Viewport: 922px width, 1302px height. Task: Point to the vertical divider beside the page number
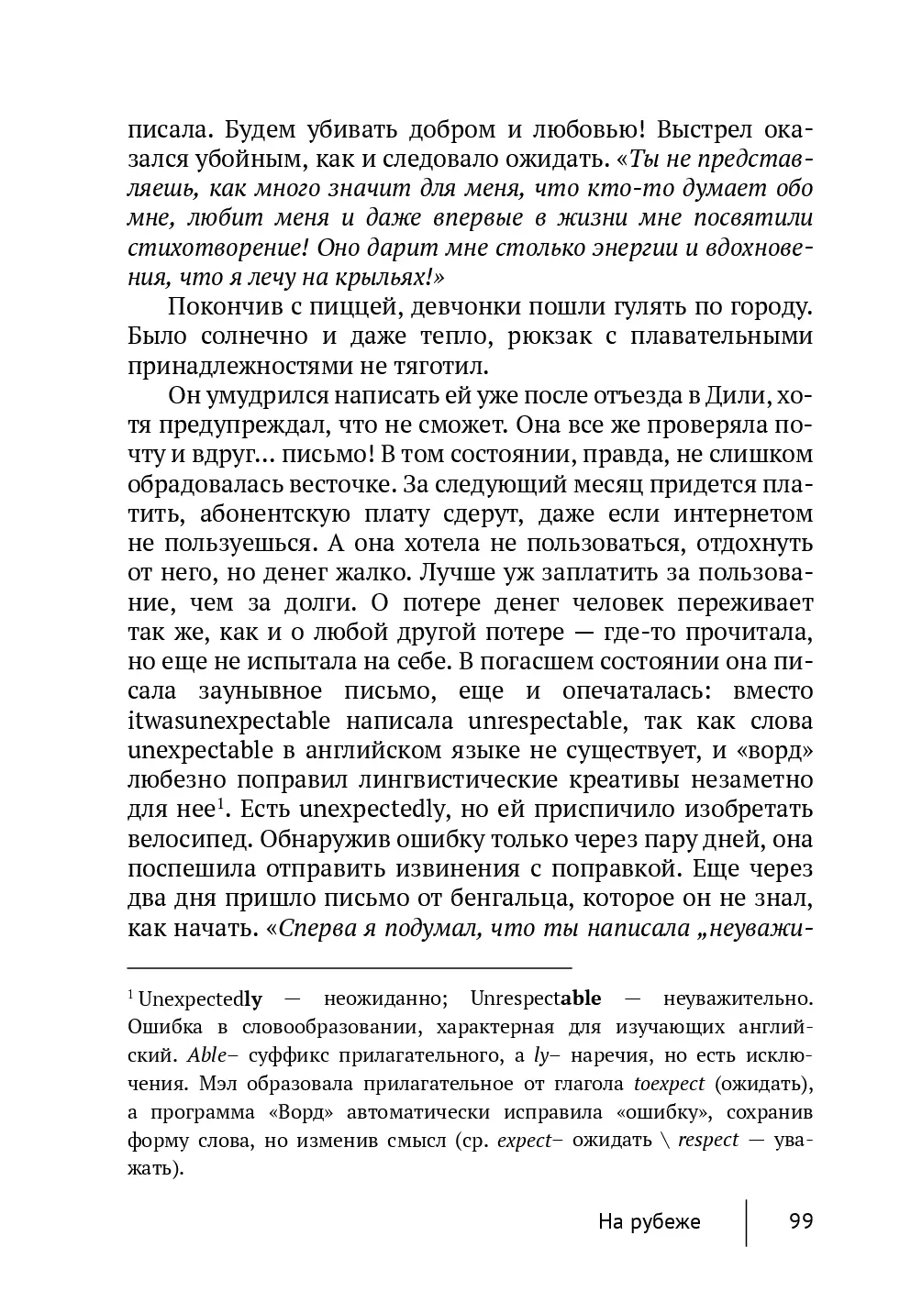point(746,1222)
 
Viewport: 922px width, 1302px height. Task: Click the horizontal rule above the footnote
point(349,967)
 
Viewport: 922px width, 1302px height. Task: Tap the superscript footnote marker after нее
point(221,805)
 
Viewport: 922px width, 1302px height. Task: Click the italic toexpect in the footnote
point(669,1084)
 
